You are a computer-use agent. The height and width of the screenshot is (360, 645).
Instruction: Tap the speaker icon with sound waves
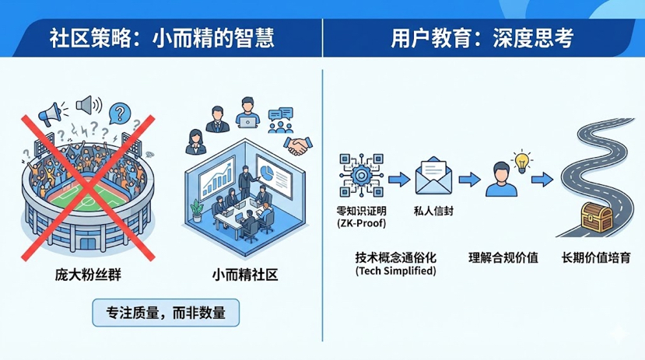[89, 105]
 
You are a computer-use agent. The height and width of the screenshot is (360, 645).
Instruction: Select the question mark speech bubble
[120, 113]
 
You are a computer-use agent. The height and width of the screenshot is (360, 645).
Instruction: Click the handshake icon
[298, 146]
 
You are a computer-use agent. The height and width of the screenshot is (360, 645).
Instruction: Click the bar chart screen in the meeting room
[217, 179]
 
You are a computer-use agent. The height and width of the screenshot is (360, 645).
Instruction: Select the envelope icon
[433, 177]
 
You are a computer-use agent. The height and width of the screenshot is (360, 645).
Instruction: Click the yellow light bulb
[522, 162]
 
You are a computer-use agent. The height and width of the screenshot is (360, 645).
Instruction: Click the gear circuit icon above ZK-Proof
[362, 176]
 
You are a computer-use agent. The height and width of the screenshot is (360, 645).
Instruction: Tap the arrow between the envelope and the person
[470, 180]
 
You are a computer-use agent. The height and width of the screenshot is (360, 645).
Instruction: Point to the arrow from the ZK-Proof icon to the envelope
[399, 180]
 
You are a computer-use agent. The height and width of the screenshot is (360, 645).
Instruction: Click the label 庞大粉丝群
[88, 274]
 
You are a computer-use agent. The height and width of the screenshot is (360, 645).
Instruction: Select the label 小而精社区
[245, 274]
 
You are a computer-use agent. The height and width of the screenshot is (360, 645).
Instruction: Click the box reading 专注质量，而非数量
[166, 313]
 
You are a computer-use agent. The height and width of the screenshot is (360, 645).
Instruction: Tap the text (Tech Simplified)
[396, 271]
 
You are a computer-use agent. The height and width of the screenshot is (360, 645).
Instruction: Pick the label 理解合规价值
[503, 257]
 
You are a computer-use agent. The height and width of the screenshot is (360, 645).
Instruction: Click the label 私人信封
[433, 211]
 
